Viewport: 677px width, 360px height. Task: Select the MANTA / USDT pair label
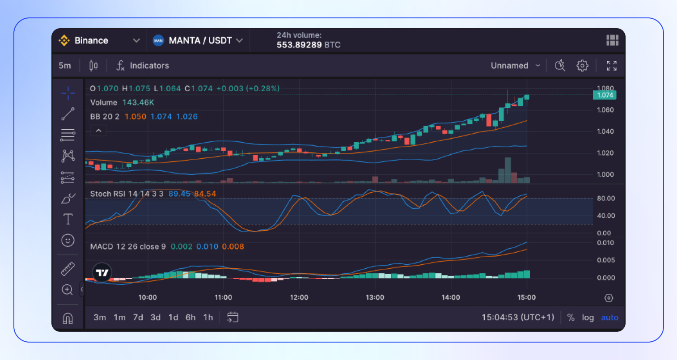[x=200, y=41]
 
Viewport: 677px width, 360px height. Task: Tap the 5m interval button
[x=65, y=66]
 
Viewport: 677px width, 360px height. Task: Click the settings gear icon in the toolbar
[x=582, y=66]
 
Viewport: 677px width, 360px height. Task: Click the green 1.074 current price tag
[x=605, y=95]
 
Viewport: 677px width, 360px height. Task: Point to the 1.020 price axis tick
[x=605, y=153]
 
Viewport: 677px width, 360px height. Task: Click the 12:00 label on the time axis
[x=299, y=297]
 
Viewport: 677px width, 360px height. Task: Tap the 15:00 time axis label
[x=526, y=297]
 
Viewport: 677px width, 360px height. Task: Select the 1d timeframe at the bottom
[x=173, y=318]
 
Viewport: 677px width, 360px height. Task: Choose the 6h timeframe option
[x=190, y=318]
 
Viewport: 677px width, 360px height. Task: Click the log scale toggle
[x=588, y=318]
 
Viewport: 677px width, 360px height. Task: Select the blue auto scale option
[x=609, y=318]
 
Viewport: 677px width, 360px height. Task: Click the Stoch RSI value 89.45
[x=179, y=194]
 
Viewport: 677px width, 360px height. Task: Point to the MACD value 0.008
[x=233, y=247]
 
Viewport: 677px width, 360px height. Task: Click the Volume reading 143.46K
[x=138, y=102]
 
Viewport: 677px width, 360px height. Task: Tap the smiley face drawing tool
[x=68, y=241]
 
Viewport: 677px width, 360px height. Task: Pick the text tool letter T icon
[x=68, y=219]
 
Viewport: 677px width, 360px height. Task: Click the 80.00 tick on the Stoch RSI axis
[x=606, y=198]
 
